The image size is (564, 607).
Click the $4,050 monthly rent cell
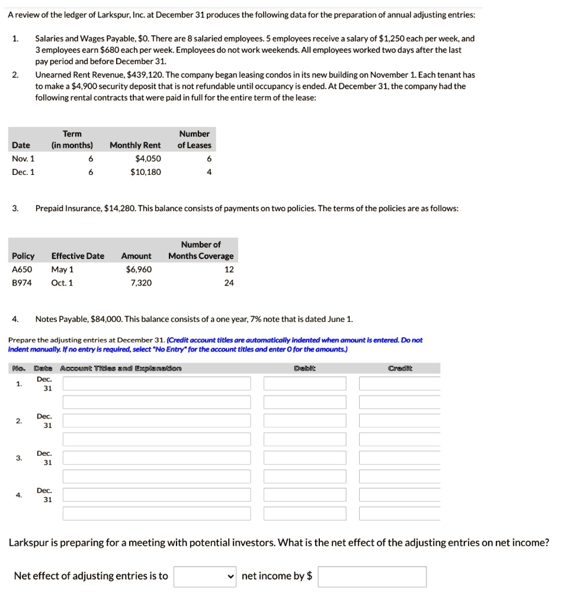(148, 158)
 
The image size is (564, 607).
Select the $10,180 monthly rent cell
(145, 172)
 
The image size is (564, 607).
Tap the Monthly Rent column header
(135, 145)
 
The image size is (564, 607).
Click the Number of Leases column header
(194, 139)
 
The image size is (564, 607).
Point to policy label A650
(23, 269)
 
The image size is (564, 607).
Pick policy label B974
(23, 283)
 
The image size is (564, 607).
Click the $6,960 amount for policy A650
(139, 269)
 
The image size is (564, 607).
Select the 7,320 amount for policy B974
(140, 283)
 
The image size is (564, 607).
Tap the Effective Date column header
(78, 256)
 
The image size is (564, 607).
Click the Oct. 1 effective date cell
(62, 283)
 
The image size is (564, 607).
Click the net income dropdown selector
(206, 576)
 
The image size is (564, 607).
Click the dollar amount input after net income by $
(371, 576)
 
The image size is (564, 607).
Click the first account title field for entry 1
(156, 384)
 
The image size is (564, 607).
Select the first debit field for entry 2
(305, 421)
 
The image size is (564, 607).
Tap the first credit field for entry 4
(399, 495)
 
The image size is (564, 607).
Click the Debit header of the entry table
(305, 368)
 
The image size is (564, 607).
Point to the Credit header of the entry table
(399, 368)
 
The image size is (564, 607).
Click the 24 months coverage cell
(229, 283)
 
